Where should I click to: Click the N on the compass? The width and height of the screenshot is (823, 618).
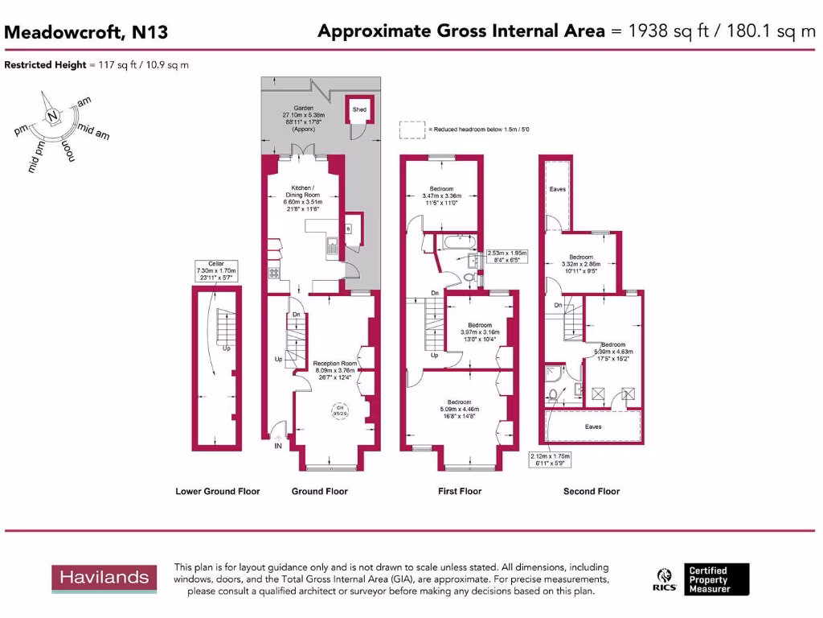[52, 117]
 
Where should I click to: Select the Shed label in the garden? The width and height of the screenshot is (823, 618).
[359, 109]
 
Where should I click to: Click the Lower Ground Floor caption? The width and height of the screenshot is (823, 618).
[218, 491]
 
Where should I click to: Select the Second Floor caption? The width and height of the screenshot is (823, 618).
[592, 491]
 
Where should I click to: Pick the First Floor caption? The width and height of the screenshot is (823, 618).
[460, 491]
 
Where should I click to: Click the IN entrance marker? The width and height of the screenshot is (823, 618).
[278, 445]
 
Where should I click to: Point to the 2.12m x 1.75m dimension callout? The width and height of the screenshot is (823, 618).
[549, 459]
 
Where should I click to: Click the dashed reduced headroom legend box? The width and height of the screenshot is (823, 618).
[411, 129]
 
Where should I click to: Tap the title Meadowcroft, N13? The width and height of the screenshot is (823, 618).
[86, 32]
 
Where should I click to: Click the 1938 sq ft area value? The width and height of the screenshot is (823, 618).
[658, 31]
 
